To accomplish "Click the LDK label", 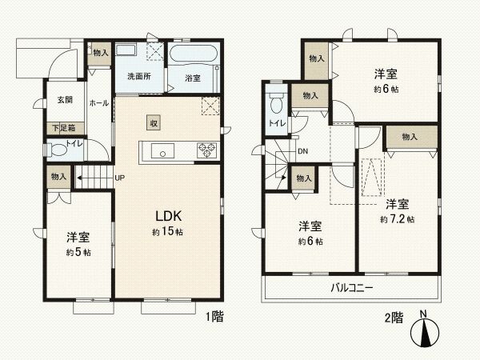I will point(170,215).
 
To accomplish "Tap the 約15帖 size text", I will point(169,231).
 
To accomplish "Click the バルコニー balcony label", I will point(351,287).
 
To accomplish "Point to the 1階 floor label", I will point(213,317).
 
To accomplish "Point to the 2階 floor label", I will point(393,317).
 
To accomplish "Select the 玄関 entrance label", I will point(64,100).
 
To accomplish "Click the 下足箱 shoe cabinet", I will point(64,127).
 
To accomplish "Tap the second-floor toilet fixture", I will point(277,103).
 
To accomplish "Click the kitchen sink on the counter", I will point(160,151).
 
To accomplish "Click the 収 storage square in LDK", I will point(153,122).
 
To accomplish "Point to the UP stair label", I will point(119,178).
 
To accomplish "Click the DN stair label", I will point(303,150).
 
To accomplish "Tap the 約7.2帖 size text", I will point(397,218).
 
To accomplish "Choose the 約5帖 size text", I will point(78,252).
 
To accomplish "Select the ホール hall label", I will point(99,103).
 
